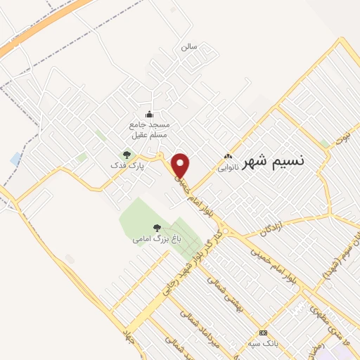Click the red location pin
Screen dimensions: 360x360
pos(181,165)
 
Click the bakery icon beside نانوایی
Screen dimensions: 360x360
pos(227,157)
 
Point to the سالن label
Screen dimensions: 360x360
pos(188,47)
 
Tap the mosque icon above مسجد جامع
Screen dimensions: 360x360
pos(148,115)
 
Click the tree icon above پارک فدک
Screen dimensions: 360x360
pos(127,154)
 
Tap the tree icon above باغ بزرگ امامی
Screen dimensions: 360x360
pos(157,228)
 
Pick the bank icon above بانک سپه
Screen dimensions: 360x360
pos(263,333)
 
